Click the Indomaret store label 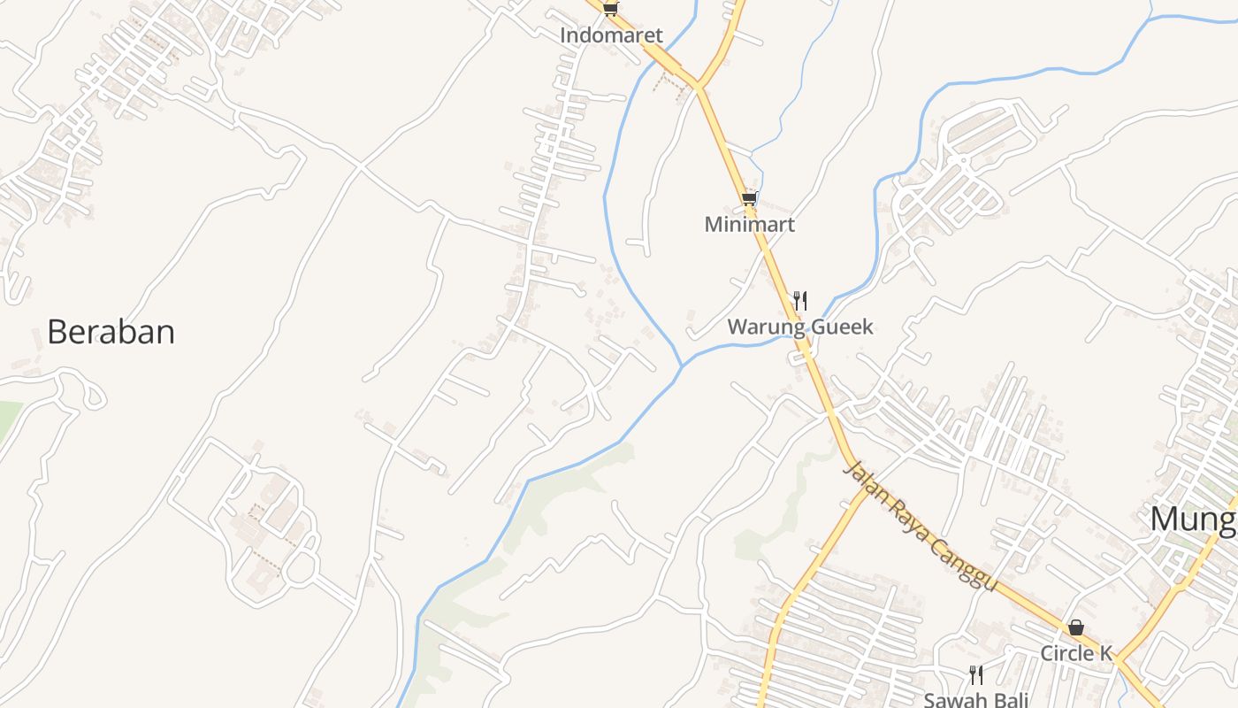[611, 36]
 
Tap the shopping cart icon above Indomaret [610, 9]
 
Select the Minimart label [749, 225]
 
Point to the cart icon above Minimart [749, 198]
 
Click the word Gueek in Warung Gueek [839, 327]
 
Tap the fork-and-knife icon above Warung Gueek [799, 301]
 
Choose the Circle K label [1075, 654]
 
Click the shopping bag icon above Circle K [1076, 627]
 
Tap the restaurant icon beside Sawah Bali [976, 675]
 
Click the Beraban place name [111, 332]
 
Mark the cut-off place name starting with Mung [1193, 519]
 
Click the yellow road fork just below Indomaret [698, 86]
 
